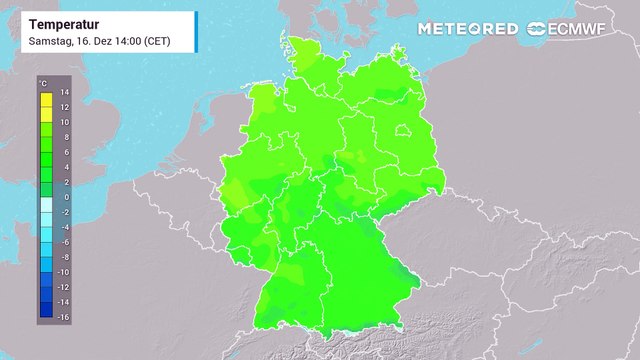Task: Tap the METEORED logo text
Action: (468, 28)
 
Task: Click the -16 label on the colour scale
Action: (62, 316)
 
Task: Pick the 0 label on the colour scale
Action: (64, 197)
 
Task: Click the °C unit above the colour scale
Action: (42, 80)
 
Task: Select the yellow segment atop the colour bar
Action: (46, 99)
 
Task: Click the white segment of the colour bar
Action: (46, 204)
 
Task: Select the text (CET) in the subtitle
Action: (157, 42)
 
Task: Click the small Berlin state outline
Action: (402, 129)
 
